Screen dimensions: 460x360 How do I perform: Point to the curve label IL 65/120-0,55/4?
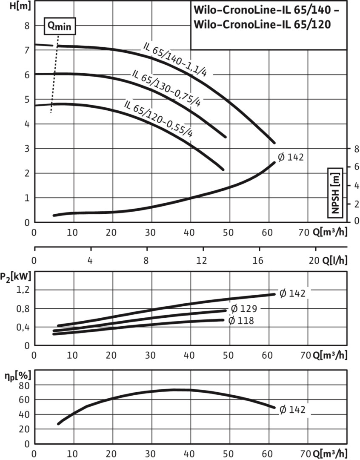coord(158,118)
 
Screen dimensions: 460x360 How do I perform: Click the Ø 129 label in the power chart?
coord(244,308)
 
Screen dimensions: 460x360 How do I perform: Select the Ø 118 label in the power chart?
coord(241,321)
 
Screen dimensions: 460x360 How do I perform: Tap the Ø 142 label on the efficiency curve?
coord(292,410)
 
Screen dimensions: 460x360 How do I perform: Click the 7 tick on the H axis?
coord(26,50)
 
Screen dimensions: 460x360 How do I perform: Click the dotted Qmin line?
coord(54,77)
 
